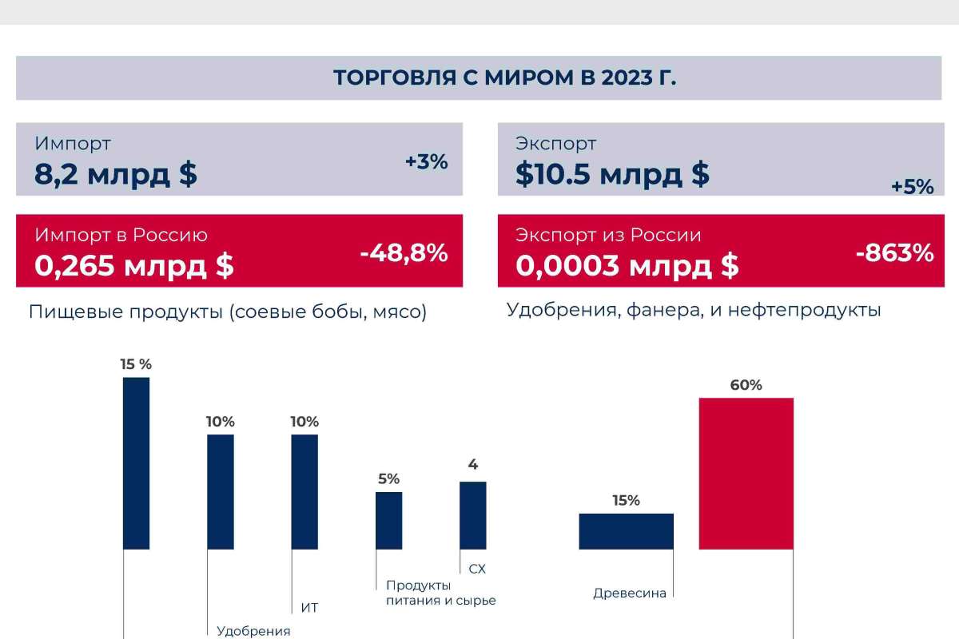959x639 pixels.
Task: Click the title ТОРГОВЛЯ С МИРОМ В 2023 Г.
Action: click(x=504, y=77)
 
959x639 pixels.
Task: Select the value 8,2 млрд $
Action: click(x=116, y=174)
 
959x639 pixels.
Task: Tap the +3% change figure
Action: click(x=426, y=161)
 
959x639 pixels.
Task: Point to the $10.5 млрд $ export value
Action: click(x=612, y=174)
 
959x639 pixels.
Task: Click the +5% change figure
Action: click(x=912, y=187)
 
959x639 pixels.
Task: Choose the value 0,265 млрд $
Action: click(x=134, y=266)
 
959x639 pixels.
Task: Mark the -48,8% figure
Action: click(x=404, y=253)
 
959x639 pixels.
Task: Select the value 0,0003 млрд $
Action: click(x=627, y=266)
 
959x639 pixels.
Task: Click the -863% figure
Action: click(x=894, y=253)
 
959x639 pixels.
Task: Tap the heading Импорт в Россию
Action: click(x=121, y=235)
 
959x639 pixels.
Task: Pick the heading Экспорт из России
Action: click(x=608, y=235)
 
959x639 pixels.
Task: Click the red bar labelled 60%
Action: click(x=746, y=473)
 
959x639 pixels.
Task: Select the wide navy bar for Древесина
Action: click(x=626, y=531)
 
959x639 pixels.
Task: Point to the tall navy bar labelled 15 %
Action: click(x=136, y=463)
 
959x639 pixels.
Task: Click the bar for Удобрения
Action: click(x=221, y=491)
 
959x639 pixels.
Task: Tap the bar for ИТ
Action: click(x=304, y=491)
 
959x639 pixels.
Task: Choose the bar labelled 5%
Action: click(x=389, y=520)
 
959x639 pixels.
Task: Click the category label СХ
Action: click(x=477, y=570)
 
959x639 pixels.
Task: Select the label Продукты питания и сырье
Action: click(x=440, y=593)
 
